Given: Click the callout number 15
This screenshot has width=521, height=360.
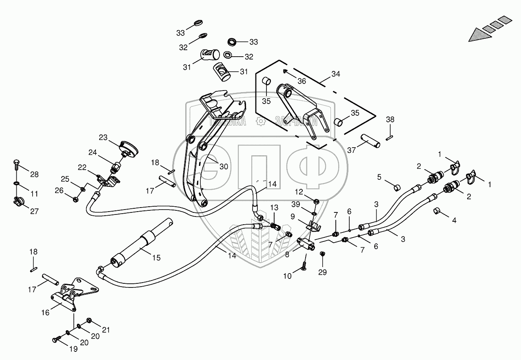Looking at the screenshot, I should click(156, 258).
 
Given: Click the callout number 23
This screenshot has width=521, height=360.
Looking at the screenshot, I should click(103, 137).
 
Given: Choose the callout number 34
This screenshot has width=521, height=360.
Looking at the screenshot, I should click(335, 74).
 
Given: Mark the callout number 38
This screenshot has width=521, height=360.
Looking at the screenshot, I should click(390, 119).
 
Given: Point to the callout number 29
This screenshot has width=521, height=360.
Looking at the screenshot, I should click(322, 272).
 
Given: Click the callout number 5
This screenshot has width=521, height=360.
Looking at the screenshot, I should click(379, 177).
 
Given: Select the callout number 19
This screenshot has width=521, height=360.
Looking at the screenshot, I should click(73, 349).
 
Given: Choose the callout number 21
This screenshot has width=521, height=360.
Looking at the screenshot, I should click(106, 329).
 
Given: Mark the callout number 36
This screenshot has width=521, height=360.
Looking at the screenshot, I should click(301, 81).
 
